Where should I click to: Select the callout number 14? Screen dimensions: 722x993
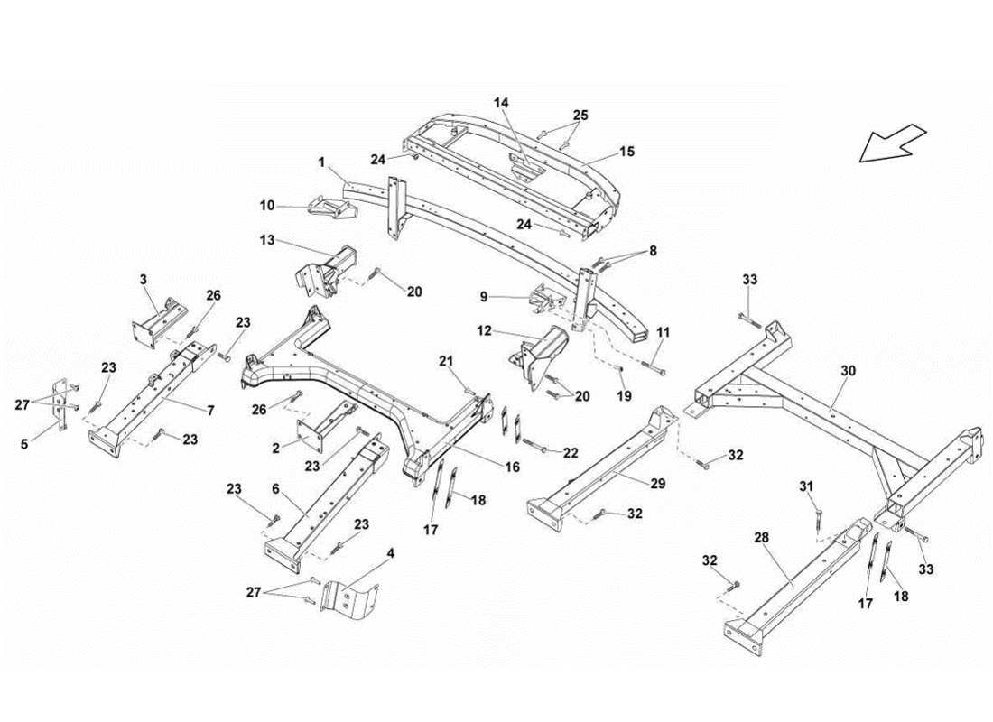point(501,104)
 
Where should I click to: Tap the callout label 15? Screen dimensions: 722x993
point(626,152)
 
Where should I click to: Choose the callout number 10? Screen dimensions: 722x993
point(267,206)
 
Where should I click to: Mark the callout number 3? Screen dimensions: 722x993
point(143,281)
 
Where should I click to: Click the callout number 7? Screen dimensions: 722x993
point(209,412)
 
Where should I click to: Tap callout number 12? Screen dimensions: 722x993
point(483,331)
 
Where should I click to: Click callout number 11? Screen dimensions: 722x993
point(664,333)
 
